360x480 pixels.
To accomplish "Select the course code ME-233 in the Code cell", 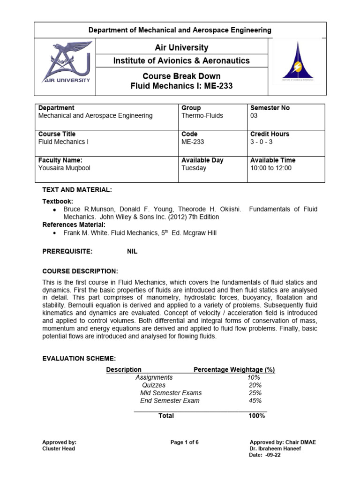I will click(193, 142).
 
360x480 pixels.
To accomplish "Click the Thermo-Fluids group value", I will click(202, 115).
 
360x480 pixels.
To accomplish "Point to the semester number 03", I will click(254, 115).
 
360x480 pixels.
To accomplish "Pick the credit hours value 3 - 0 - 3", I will click(263, 142).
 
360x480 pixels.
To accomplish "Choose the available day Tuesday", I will click(194, 168).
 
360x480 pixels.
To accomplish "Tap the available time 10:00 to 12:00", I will click(270, 168).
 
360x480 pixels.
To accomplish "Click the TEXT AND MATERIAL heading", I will click(77, 189).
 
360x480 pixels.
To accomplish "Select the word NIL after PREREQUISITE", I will click(133, 251).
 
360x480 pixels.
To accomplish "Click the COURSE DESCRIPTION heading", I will click(80, 271).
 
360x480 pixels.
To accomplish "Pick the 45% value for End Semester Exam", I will click(255, 401).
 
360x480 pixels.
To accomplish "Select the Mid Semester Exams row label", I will click(171, 393).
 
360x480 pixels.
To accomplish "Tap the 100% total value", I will click(256, 416).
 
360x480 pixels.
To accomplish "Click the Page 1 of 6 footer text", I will click(185, 442).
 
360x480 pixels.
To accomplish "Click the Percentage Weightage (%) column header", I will click(234, 369).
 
